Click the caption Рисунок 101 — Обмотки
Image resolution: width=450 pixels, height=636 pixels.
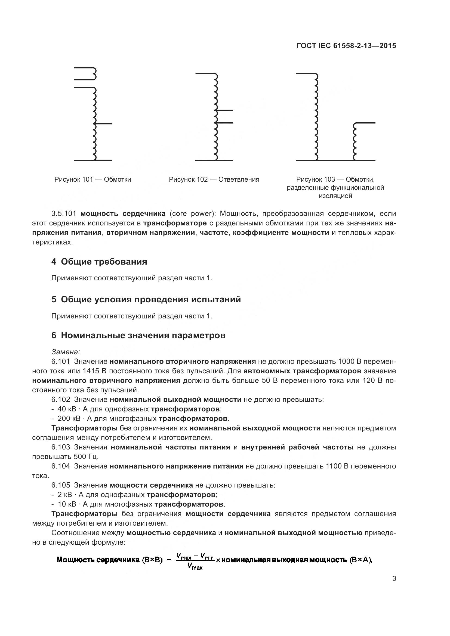(x=93, y=179)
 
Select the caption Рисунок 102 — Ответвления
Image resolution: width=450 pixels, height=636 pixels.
(x=214, y=179)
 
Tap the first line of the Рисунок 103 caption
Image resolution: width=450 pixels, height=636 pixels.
(x=335, y=179)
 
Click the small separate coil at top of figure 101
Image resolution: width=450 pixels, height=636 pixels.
(x=94, y=74)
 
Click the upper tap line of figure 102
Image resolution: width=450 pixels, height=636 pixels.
(x=225, y=110)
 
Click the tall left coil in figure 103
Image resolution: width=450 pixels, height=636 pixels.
(x=316, y=116)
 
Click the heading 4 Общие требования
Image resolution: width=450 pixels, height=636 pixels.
(x=99, y=262)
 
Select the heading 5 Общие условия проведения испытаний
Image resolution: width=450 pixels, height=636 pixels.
(x=146, y=299)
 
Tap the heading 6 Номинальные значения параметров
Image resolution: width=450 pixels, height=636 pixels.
(x=138, y=336)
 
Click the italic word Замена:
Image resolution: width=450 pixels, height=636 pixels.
(x=66, y=352)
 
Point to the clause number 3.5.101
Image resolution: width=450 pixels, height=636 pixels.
(x=64, y=213)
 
